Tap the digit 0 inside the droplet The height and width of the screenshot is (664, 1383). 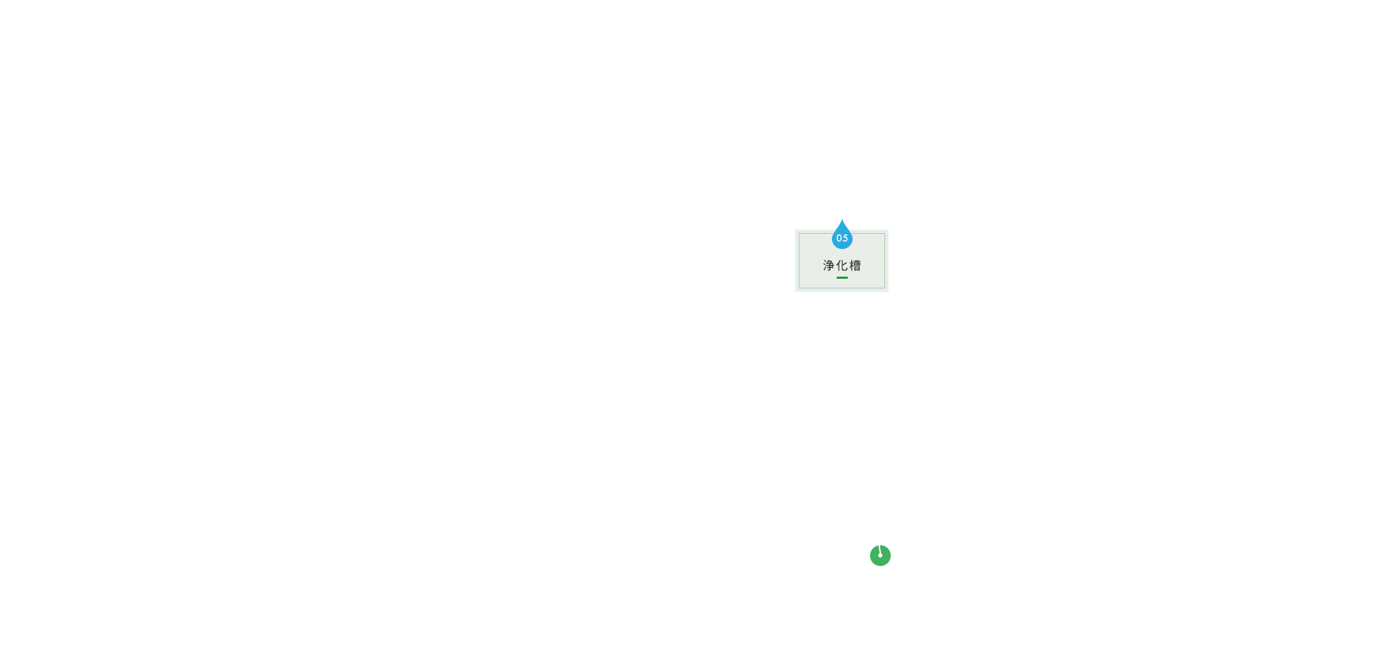(839, 238)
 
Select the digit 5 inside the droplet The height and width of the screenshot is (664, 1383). (845, 238)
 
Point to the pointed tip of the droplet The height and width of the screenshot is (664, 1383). (842, 219)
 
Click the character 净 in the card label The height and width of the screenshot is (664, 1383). (828, 266)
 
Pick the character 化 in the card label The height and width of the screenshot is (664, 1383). (842, 266)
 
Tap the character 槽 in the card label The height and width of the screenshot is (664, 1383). (855, 266)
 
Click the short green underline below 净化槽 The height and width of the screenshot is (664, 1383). (842, 277)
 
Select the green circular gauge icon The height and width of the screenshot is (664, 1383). (880, 555)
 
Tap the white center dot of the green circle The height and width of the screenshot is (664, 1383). (880, 555)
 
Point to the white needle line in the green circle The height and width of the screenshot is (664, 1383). (880, 550)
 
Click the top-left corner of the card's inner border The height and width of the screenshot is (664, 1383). (799, 233)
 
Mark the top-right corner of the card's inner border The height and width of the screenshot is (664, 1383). (884, 233)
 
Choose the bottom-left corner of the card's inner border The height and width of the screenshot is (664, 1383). (799, 288)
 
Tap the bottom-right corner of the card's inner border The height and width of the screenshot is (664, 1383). (884, 288)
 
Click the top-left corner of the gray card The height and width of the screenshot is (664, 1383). (795, 230)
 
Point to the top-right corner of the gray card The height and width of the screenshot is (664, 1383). (889, 230)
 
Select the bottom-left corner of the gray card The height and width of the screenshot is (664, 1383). (795, 292)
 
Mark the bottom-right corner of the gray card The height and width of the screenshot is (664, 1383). (889, 292)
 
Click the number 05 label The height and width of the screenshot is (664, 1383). (842, 238)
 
